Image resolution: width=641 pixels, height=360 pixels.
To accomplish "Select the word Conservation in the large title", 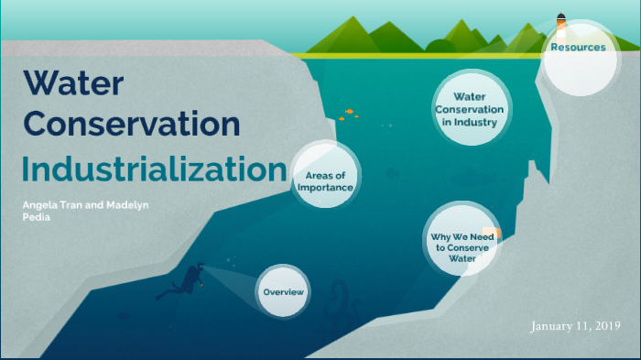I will (x=132, y=123).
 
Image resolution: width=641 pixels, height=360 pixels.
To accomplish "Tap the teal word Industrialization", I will (x=154, y=169).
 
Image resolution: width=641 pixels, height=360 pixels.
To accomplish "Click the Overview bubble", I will (x=283, y=291).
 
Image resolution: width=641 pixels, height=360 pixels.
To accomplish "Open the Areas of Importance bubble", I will (x=324, y=180).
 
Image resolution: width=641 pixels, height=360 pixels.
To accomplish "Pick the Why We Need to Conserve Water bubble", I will (x=462, y=240).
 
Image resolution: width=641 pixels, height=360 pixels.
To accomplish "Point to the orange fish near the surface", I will (x=348, y=115).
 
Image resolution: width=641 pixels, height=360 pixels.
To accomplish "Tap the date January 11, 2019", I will (x=575, y=326).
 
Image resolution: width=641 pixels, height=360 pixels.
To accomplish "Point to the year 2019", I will (x=606, y=326).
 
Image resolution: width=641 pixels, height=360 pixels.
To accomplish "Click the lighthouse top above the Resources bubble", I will (x=560, y=18).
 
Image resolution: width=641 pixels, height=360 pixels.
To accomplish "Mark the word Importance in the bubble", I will (x=324, y=188).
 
